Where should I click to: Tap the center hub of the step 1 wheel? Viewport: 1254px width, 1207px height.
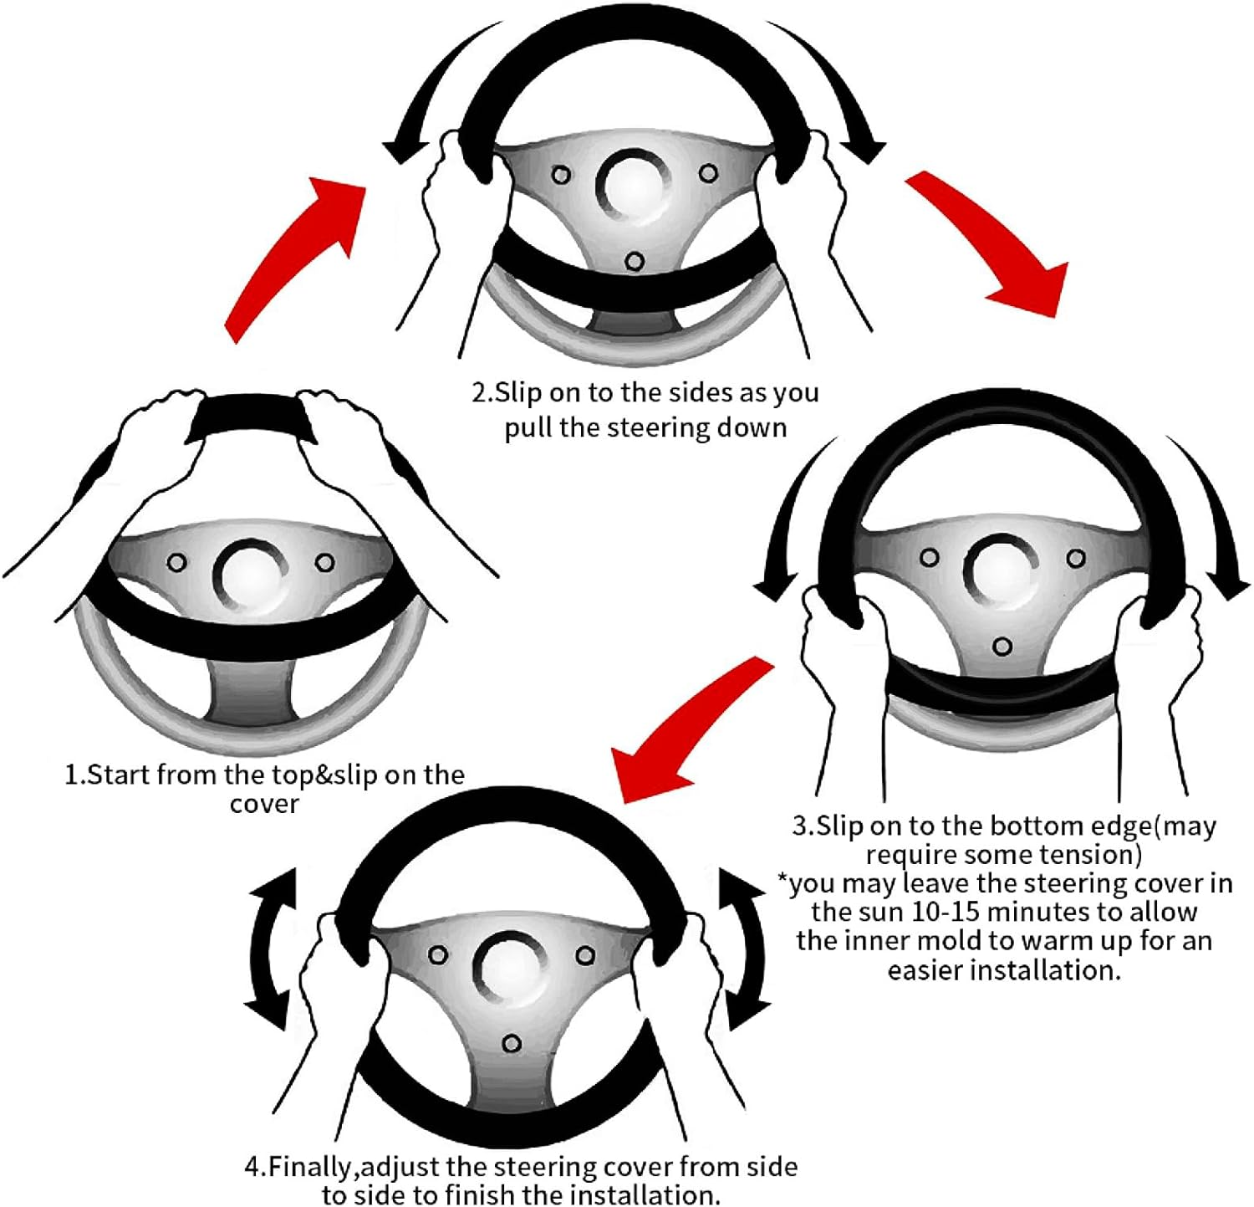[x=248, y=575]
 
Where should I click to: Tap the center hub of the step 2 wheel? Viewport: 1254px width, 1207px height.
[x=634, y=184]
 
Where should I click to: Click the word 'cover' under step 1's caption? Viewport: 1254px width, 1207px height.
[x=264, y=804]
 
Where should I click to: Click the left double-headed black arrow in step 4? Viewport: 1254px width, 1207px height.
[x=271, y=949]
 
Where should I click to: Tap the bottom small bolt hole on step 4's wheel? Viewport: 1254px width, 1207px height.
[x=512, y=1044]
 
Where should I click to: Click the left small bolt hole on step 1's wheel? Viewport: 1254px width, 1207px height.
[x=176, y=562]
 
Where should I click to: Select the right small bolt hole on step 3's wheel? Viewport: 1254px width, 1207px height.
[x=1076, y=558]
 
